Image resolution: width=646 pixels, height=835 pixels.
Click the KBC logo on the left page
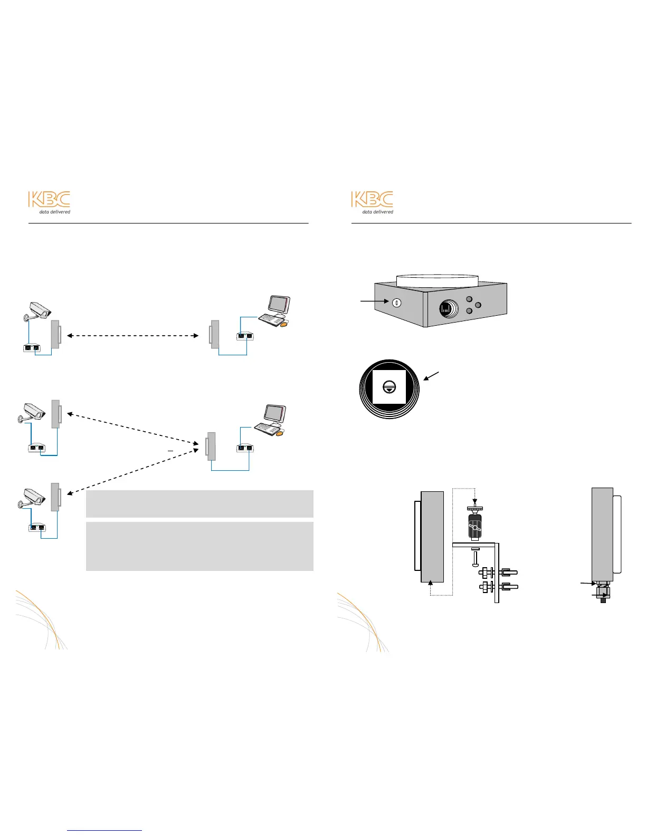[49, 202]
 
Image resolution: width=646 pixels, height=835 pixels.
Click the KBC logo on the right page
[372, 202]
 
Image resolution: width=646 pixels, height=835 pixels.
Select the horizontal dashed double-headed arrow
[132, 335]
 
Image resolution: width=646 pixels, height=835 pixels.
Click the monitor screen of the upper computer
[279, 305]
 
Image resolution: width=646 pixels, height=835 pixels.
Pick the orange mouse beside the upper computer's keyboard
[284, 325]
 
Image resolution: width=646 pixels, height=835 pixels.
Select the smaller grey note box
[199, 503]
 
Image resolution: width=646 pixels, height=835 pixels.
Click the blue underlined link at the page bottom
[104, 830]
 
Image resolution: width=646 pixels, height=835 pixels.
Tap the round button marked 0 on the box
[397, 303]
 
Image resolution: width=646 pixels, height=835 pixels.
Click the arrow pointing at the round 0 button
[375, 302]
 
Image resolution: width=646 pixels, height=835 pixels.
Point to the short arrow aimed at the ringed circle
[431, 376]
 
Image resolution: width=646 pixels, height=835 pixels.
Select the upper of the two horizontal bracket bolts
[498, 572]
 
